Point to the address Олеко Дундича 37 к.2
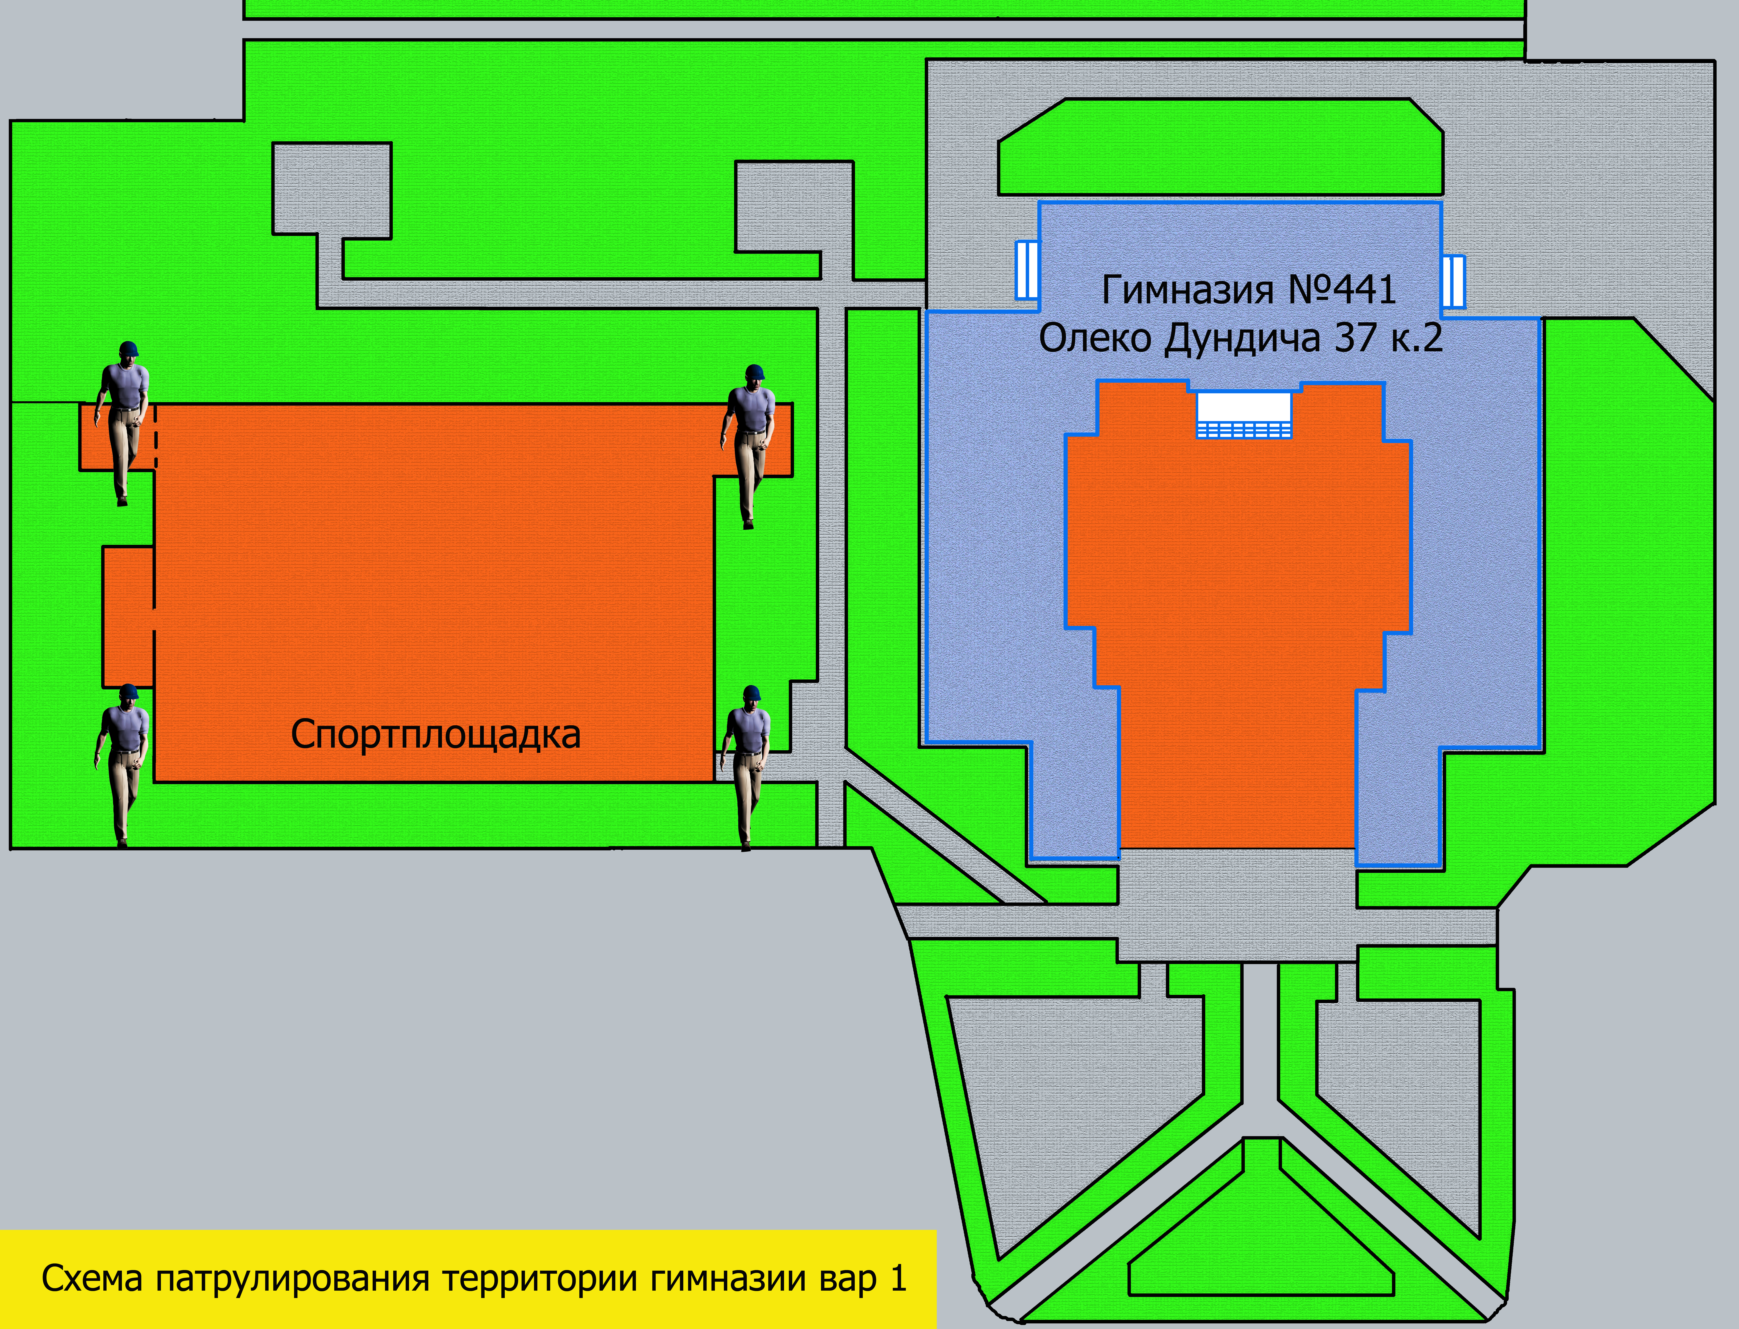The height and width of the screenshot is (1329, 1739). click(1241, 339)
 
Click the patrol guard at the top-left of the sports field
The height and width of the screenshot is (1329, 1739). click(123, 423)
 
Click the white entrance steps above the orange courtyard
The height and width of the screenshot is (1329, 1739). click(1244, 414)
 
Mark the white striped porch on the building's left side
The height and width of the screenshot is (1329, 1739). click(1027, 270)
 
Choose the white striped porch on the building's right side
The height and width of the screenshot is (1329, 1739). click(1453, 282)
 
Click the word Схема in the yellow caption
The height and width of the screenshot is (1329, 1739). click(93, 1278)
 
